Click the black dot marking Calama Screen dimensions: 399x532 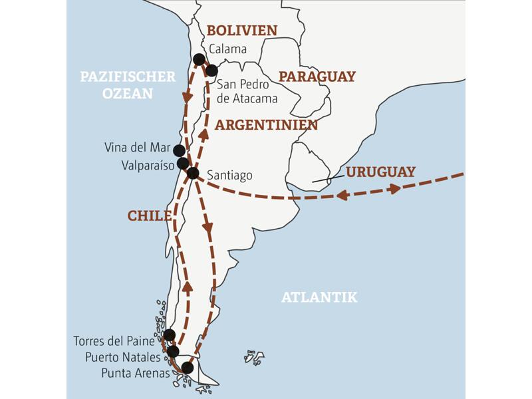tap(198, 60)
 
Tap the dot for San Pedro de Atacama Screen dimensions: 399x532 tap(211, 70)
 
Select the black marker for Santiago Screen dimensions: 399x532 tap(193, 174)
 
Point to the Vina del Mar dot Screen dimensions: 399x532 tap(179, 150)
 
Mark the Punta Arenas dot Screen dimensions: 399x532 tap(188, 368)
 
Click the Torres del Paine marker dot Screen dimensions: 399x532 tap(169, 335)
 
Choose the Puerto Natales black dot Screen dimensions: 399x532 tap(173, 351)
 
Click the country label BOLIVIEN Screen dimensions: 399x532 tap(242, 30)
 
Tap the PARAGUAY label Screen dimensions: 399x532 tap(317, 76)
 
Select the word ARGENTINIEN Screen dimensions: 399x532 tap(266, 125)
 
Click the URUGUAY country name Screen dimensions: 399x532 tap(380, 172)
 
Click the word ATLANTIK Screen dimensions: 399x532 tap(319, 297)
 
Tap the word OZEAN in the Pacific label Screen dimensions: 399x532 tap(128, 94)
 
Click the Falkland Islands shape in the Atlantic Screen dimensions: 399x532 tap(254, 357)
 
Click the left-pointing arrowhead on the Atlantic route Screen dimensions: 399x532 tap(343, 196)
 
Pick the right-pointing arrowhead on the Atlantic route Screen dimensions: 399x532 tap(395, 188)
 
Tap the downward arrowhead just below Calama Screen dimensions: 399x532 tap(188, 96)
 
